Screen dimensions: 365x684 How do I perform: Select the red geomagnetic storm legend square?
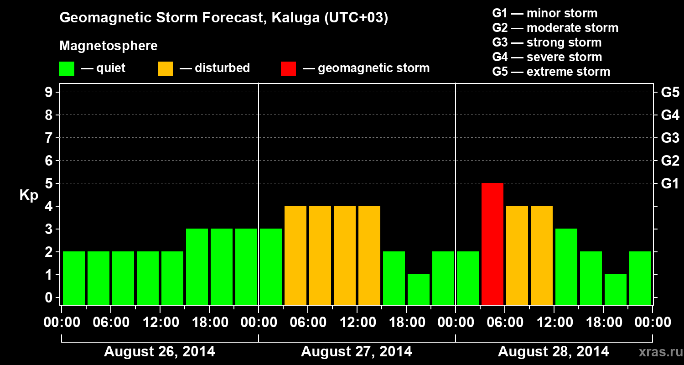[x=288, y=68]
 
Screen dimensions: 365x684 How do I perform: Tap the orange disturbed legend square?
[x=165, y=68]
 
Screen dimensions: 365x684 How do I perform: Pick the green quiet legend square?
[x=67, y=68]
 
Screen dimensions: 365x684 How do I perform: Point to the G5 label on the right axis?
[x=670, y=93]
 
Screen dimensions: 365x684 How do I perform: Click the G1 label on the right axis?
[x=670, y=184]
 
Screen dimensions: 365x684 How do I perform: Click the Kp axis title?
[x=28, y=195]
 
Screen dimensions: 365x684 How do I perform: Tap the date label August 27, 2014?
[x=356, y=352]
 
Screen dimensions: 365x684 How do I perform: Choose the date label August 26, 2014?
[x=160, y=352]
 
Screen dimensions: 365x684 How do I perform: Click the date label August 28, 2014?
[x=553, y=352]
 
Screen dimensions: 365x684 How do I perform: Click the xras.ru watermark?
[x=658, y=352]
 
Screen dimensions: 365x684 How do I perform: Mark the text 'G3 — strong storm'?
[x=547, y=42]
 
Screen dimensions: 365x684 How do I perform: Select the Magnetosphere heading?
[x=109, y=46]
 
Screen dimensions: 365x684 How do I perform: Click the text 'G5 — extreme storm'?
[x=551, y=72]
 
